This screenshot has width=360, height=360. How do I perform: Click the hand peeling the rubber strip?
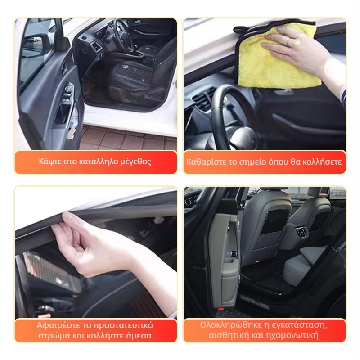[x=92, y=243]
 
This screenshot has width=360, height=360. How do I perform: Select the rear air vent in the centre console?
[x=301, y=231]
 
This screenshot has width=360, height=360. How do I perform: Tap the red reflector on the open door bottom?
[x=221, y=309]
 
